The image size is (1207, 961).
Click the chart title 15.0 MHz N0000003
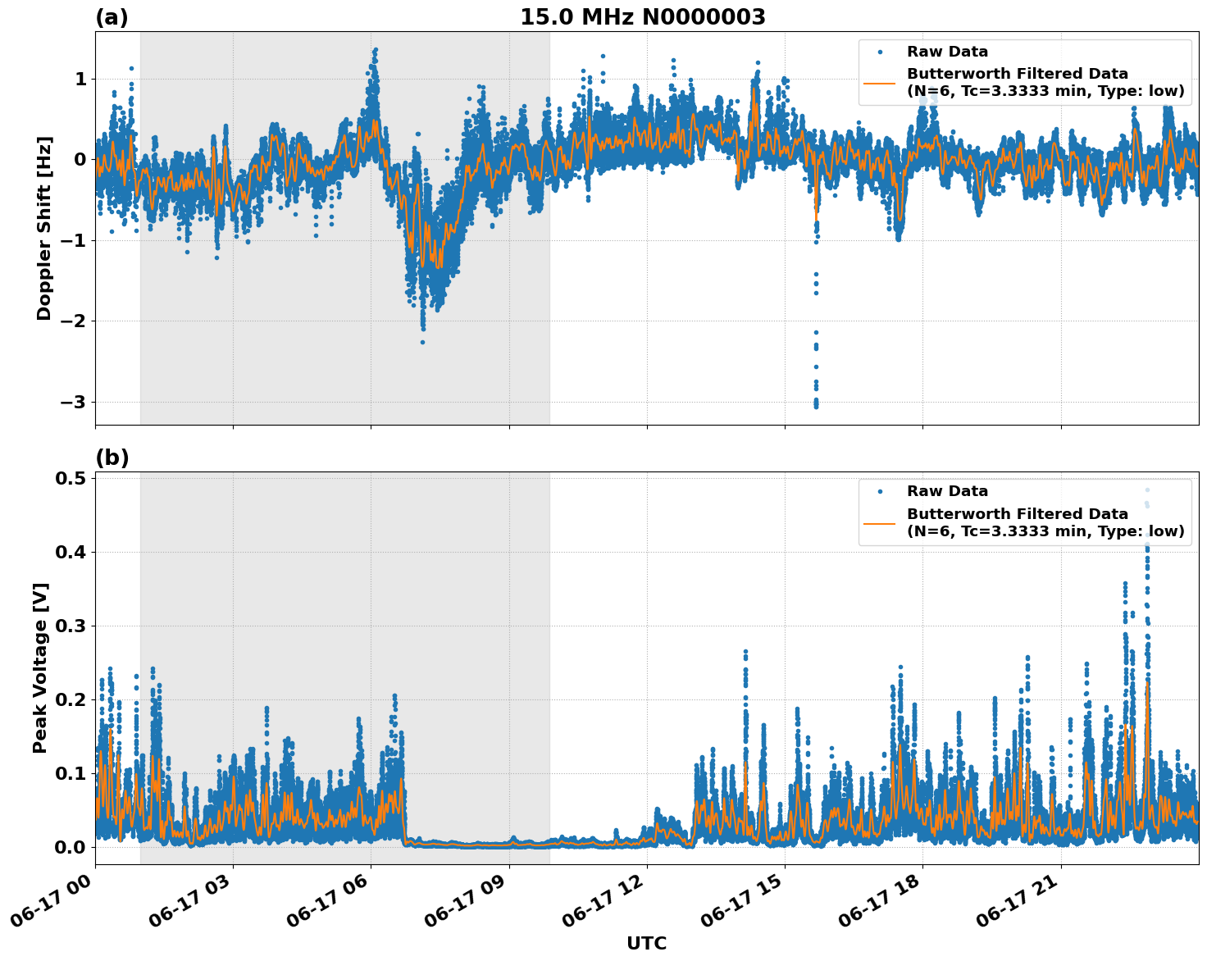click(x=642, y=17)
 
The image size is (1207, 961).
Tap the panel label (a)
click(x=112, y=17)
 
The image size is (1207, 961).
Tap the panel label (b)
click(x=112, y=458)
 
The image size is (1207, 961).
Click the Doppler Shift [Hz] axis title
click(x=44, y=228)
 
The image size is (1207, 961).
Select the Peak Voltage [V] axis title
click(x=40, y=667)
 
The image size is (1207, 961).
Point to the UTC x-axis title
click(x=646, y=943)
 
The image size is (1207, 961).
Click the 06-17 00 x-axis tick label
click(x=52, y=899)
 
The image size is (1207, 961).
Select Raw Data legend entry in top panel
click(x=947, y=52)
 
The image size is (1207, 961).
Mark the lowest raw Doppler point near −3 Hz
click(x=816, y=406)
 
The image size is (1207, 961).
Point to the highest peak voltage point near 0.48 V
click(x=1147, y=490)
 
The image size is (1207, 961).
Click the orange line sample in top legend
click(x=880, y=83)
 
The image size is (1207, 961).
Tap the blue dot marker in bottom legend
click(x=880, y=491)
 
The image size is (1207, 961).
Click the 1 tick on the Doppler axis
click(x=81, y=80)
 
